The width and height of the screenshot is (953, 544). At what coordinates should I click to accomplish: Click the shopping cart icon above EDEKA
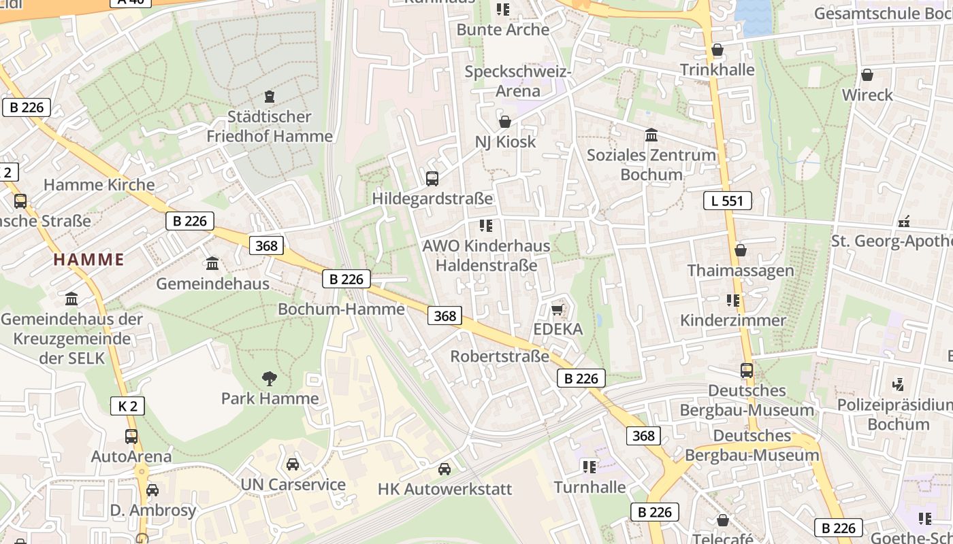pyautogui.click(x=557, y=310)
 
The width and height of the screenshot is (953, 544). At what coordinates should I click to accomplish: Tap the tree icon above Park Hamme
pyautogui.click(x=270, y=379)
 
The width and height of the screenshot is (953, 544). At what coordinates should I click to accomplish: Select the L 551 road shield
pyautogui.click(x=727, y=201)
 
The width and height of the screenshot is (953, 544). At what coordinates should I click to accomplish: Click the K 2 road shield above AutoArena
pyautogui.click(x=127, y=407)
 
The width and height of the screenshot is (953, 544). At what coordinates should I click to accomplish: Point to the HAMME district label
pyautogui.click(x=88, y=259)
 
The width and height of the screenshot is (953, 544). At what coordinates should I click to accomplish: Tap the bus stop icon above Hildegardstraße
pyautogui.click(x=432, y=179)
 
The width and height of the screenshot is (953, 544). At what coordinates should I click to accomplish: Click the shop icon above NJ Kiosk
pyautogui.click(x=505, y=122)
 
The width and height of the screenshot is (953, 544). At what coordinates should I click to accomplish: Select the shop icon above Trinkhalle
pyautogui.click(x=717, y=50)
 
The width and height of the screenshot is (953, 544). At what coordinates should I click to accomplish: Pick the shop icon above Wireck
pyautogui.click(x=867, y=75)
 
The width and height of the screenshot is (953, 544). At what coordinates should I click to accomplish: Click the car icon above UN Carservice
pyautogui.click(x=293, y=464)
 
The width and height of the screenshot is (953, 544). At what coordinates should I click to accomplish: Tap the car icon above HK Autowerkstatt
pyautogui.click(x=445, y=469)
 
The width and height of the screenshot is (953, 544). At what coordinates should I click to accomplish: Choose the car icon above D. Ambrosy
pyautogui.click(x=152, y=490)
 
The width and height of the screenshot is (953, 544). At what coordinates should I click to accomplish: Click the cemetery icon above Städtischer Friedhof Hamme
pyautogui.click(x=270, y=97)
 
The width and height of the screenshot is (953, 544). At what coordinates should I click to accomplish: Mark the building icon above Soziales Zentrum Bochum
pyautogui.click(x=651, y=135)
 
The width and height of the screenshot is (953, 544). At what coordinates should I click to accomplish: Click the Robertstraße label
pyautogui.click(x=500, y=356)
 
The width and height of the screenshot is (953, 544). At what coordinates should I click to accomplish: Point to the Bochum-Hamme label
pyautogui.click(x=341, y=309)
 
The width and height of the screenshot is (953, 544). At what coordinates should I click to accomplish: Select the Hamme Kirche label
pyautogui.click(x=99, y=184)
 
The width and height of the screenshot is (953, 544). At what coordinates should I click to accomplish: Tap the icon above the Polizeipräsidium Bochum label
pyautogui.click(x=899, y=384)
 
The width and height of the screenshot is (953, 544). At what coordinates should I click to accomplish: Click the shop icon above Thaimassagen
pyautogui.click(x=740, y=250)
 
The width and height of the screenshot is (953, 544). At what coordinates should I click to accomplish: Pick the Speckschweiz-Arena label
pyautogui.click(x=517, y=81)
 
